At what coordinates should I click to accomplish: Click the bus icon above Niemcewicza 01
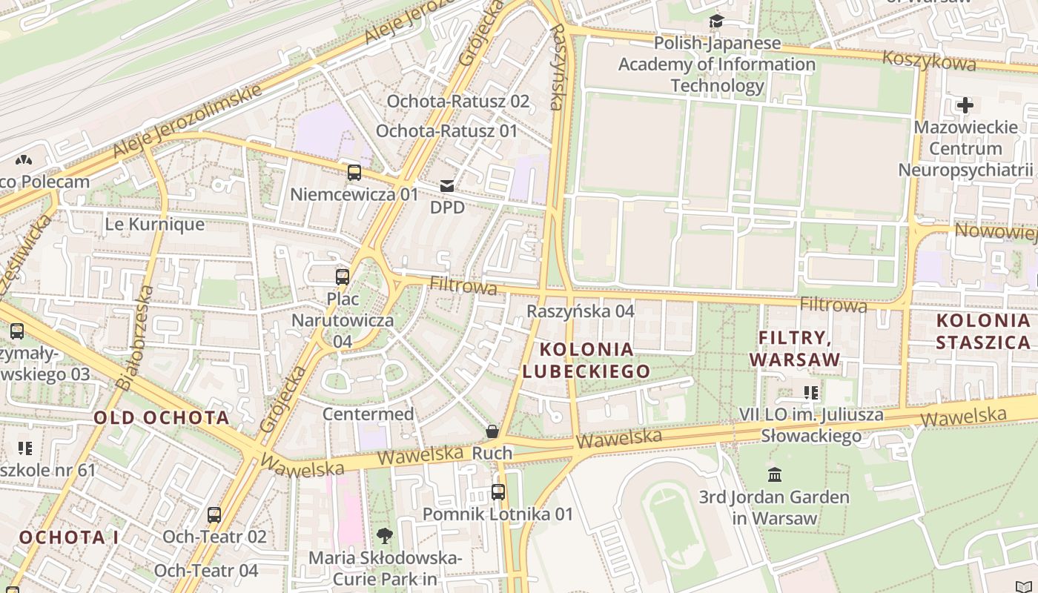click(x=354, y=173)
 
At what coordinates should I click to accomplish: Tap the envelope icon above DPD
click(x=447, y=185)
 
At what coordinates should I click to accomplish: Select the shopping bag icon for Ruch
click(x=492, y=431)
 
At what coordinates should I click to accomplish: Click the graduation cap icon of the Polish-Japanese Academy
click(x=716, y=21)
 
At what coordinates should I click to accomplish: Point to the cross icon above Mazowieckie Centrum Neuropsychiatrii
click(x=965, y=105)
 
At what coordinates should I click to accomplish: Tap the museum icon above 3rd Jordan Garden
click(x=775, y=474)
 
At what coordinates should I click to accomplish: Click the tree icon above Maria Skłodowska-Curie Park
click(x=385, y=535)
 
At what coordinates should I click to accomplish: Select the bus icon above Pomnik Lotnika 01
click(x=498, y=491)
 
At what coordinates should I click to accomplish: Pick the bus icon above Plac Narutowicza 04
click(x=342, y=277)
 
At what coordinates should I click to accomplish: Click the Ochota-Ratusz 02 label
click(x=458, y=102)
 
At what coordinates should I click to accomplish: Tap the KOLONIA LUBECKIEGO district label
click(x=586, y=360)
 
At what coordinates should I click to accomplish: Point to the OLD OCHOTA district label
click(x=162, y=417)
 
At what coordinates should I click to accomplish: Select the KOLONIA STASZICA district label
click(x=983, y=331)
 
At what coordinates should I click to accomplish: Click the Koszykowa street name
click(x=929, y=59)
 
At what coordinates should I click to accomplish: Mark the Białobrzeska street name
click(x=136, y=337)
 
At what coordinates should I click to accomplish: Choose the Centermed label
click(x=368, y=414)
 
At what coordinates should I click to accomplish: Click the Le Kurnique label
click(x=154, y=224)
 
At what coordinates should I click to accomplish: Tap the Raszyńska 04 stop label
click(x=581, y=311)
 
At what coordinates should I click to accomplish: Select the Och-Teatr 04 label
click(x=206, y=570)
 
